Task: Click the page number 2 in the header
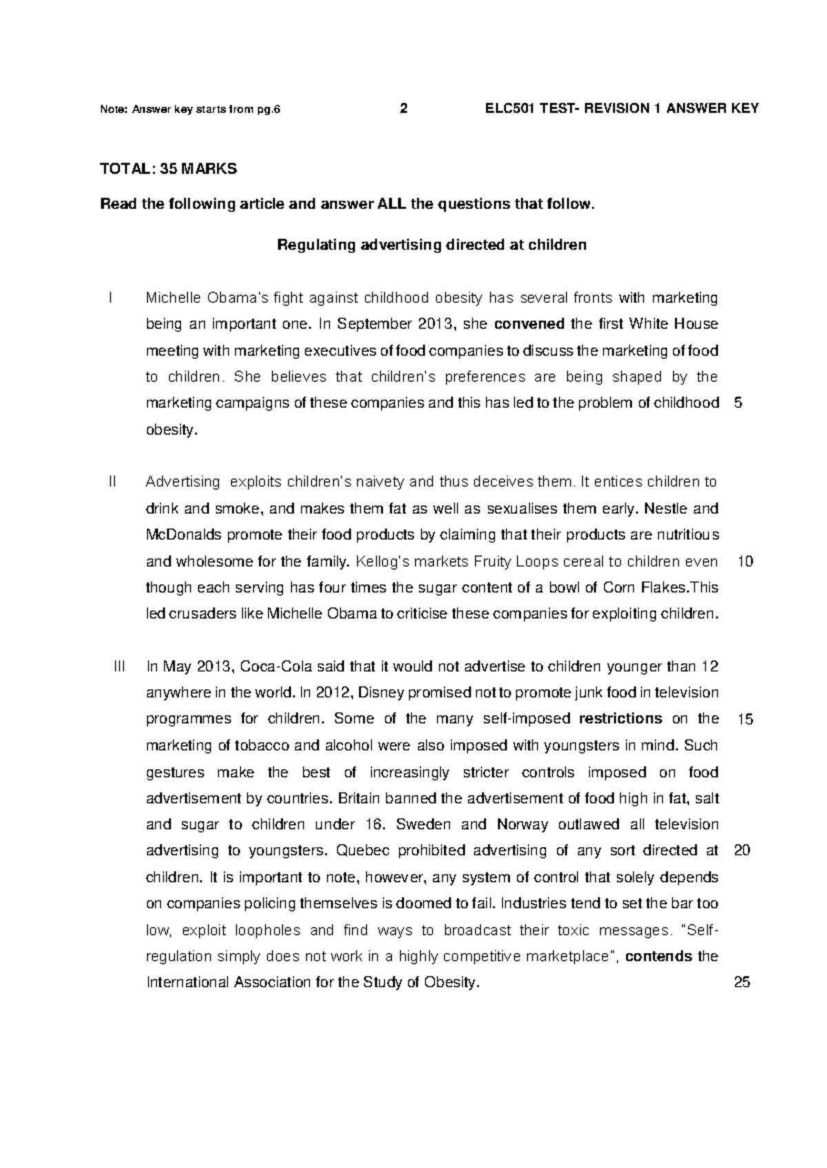pos(404,109)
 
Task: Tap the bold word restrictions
pos(620,719)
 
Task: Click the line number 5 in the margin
pos(739,404)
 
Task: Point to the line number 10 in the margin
pos(744,562)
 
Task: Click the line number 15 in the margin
pos(744,720)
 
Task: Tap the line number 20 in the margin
pos(742,851)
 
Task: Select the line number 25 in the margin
pos(742,983)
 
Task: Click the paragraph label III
pos(119,667)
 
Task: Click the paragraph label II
pos(114,482)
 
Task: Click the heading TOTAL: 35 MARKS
pos(168,169)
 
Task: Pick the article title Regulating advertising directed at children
pos(431,245)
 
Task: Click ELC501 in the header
pos(509,109)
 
